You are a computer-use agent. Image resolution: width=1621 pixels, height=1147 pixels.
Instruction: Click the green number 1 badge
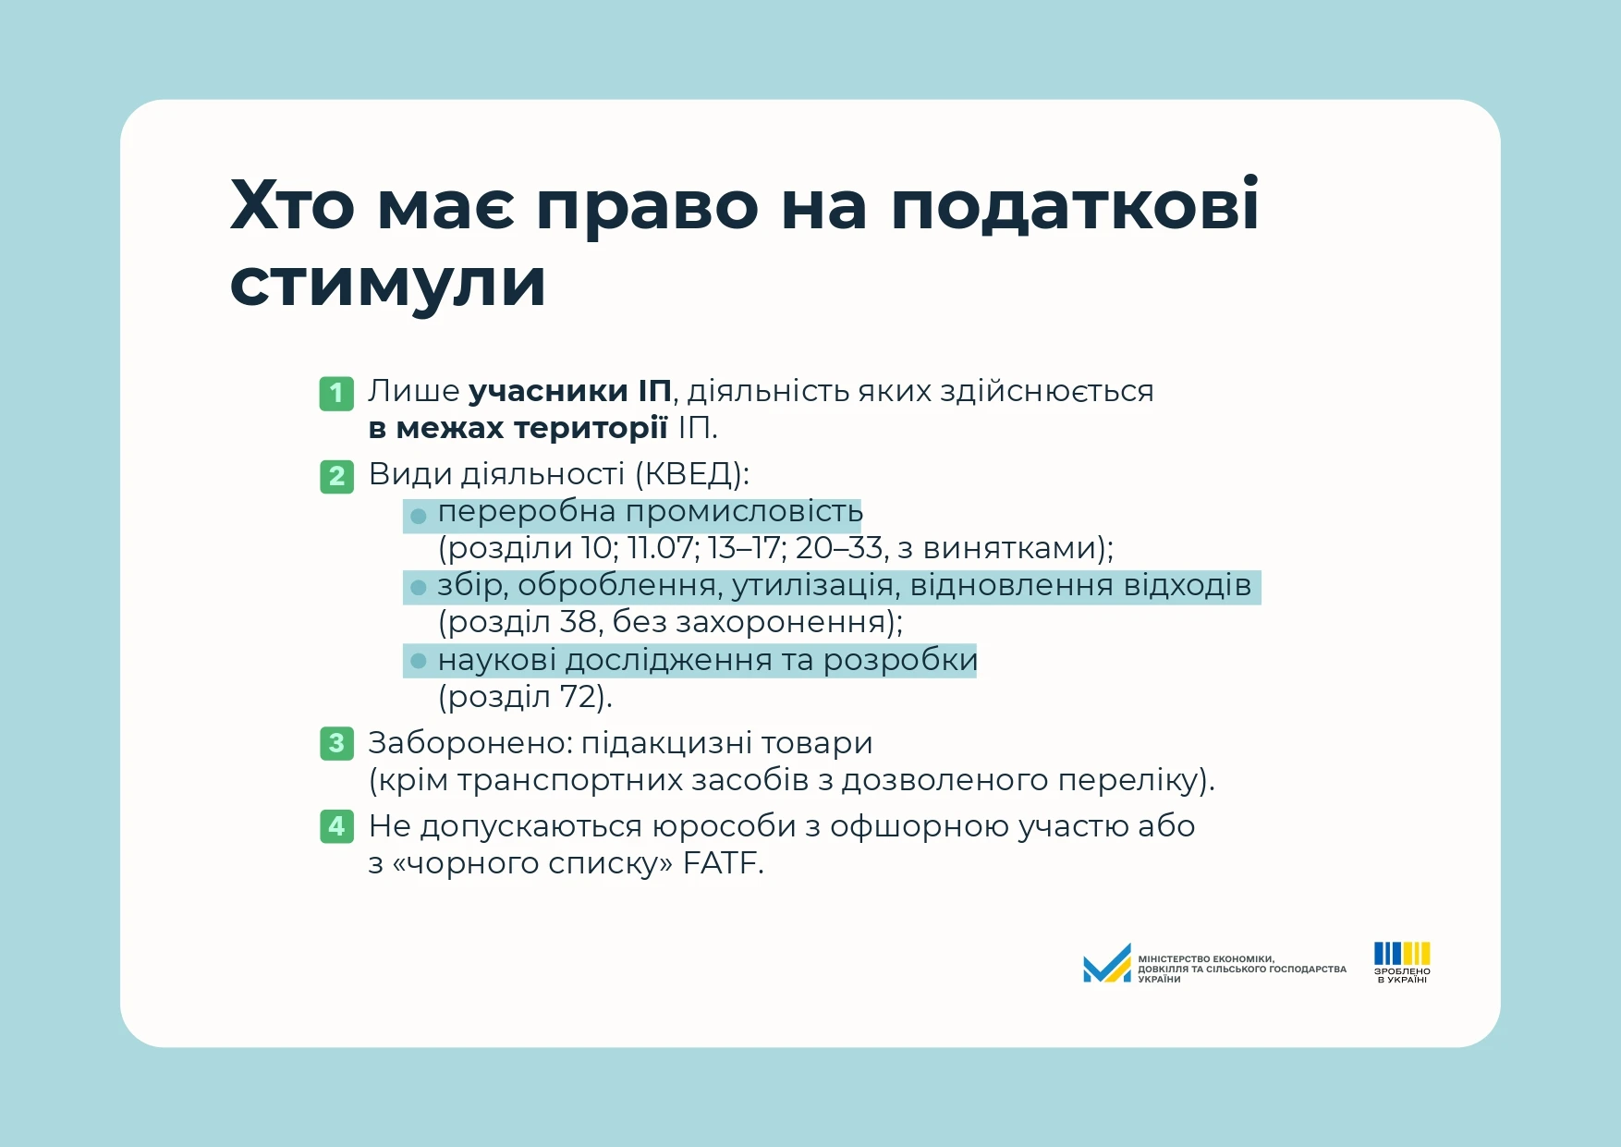click(336, 393)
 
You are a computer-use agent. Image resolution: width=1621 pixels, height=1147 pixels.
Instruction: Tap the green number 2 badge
click(336, 476)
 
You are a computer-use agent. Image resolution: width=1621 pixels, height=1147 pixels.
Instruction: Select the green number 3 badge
click(336, 743)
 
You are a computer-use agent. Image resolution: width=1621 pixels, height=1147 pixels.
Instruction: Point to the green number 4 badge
click(336, 825)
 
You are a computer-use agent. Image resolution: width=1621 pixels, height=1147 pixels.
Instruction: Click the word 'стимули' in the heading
click(388, 283)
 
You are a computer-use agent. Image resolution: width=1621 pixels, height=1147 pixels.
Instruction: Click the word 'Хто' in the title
click(292, 204)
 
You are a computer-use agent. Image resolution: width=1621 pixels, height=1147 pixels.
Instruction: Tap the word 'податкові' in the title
click(1075, 204)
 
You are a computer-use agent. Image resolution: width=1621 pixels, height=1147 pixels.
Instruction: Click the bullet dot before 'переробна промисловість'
click(419, 516)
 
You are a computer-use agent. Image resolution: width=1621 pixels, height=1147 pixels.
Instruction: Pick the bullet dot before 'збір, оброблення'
click(419, 587)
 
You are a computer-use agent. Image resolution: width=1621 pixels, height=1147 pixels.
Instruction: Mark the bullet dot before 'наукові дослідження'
click(419, 661)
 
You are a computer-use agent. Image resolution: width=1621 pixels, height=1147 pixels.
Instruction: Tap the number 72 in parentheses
click(578, 696)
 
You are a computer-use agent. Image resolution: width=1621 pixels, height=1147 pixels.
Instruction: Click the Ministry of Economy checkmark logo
click(1107, 963)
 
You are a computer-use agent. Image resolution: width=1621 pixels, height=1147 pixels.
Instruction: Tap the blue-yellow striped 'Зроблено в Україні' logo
click(1402, 962)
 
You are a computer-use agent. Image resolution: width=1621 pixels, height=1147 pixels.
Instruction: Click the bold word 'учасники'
click(549, 392)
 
